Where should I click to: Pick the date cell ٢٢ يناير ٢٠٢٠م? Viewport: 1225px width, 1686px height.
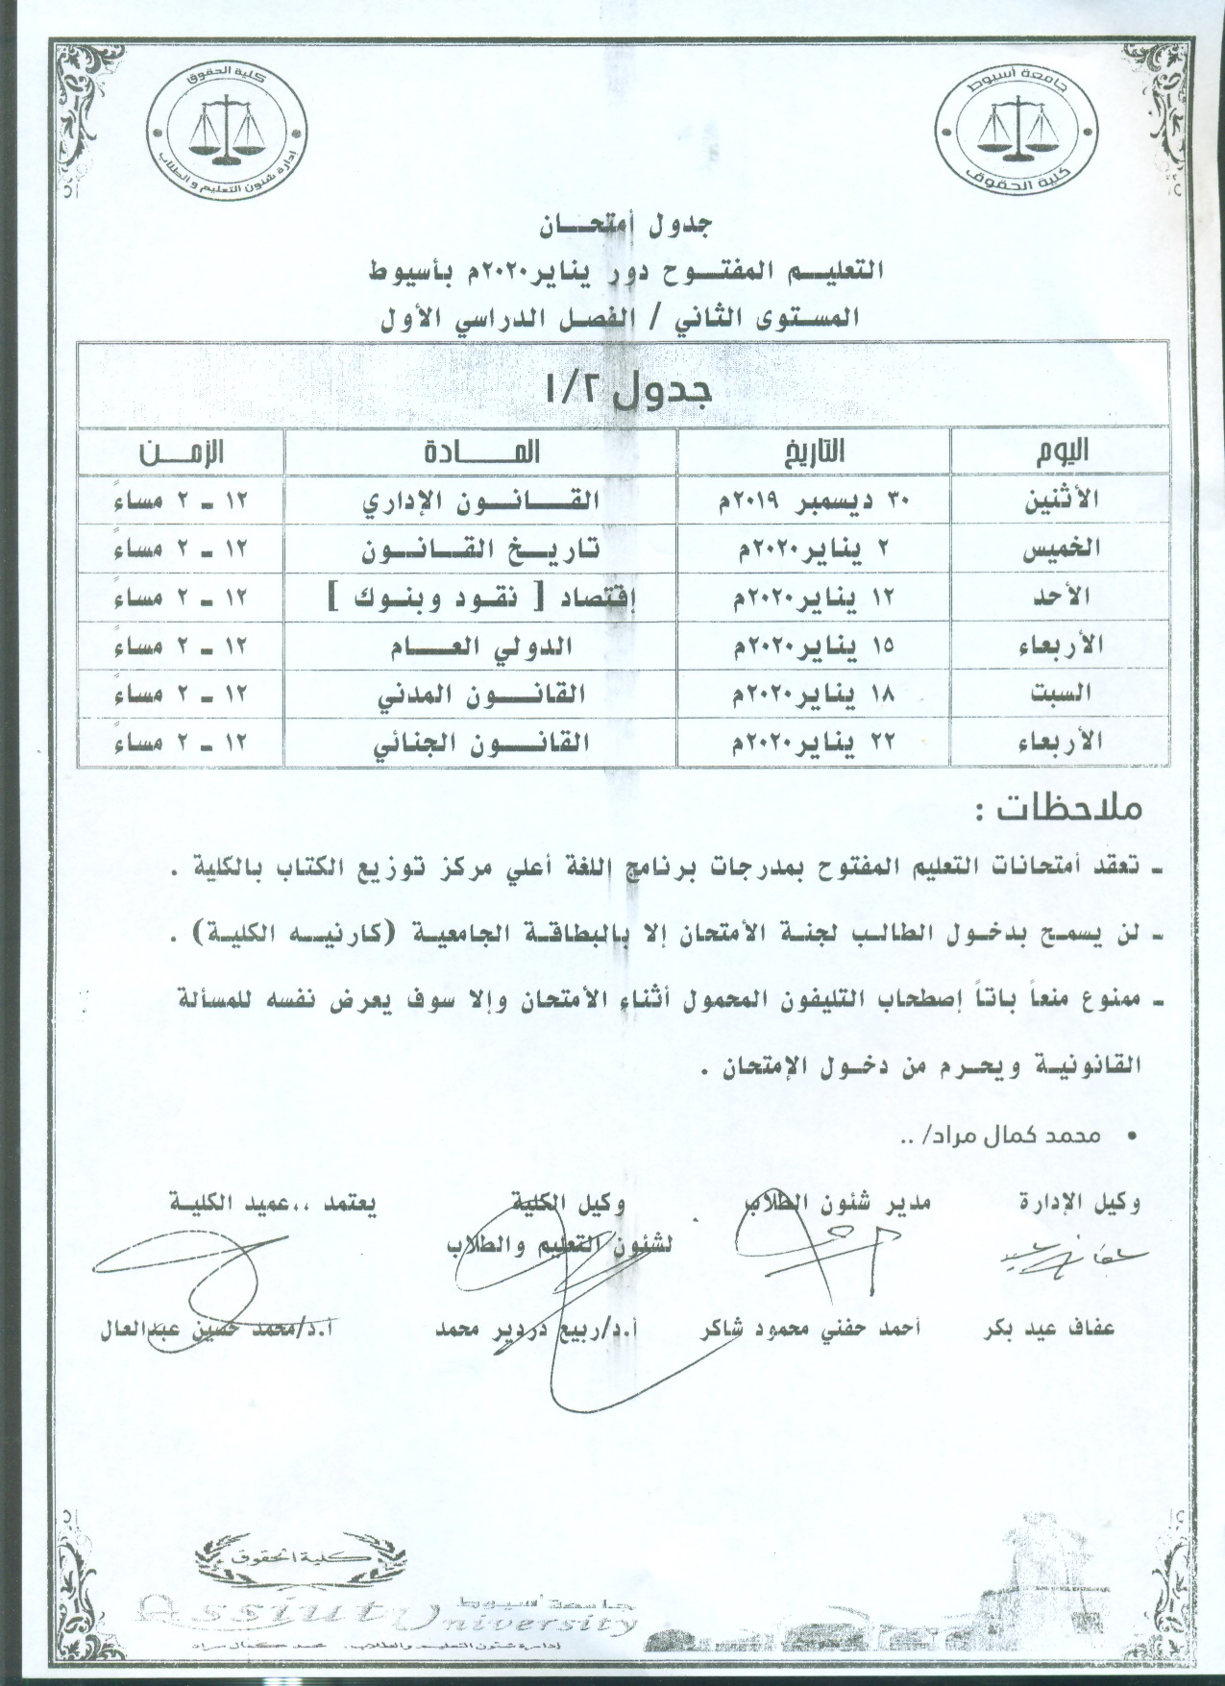[x=815, y=742]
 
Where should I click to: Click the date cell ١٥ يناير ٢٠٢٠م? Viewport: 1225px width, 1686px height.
[x=815, y=646]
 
